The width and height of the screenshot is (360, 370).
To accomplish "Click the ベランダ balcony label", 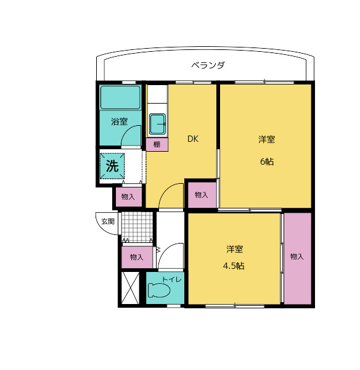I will pyautogui.click(x=207, y=65).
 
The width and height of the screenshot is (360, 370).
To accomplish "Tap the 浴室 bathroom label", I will pyautogui.click(x=120, y=121).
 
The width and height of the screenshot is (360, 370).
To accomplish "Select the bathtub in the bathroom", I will pyautogui.click(x=121, y=97).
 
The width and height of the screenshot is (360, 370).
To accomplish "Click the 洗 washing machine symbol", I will pyautogui.click(x=112, y=165).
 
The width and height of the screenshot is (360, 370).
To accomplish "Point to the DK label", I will pyautogui.click(x=193, y=139).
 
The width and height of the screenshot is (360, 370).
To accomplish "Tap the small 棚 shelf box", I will pyautogui.click(x=157, y=144).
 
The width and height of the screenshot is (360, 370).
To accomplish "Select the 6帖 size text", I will pyautogui.click(x=266, y=162).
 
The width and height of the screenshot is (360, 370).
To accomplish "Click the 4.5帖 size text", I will pyautogui.click(x=234, y=266).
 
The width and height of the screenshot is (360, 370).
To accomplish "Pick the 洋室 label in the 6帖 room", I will pyautogui.click(x=266, y=139).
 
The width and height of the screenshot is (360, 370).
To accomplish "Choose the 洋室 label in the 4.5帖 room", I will pyautogui.click(x=234, y=249).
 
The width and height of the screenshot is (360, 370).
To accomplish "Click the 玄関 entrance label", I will pyautogui.click(x=108, y=221).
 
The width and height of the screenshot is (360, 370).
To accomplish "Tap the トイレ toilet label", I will pyautogui.click(x=171, y=280).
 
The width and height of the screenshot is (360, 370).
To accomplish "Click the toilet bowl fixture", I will pyautogui.click(x=157, y=291).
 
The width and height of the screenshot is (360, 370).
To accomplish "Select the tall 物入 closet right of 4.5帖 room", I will pyautogui.click(x=297, y=257).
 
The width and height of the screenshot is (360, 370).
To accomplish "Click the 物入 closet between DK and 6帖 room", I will pyautogui.click(x=201, y=195).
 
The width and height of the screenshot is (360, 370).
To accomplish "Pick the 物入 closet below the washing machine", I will pyautogui.click(x=128, y=197).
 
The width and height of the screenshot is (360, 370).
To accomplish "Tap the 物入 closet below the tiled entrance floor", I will pyautogui.click(x=136, y=257).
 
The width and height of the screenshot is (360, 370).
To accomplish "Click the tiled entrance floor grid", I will pyautogui.click(x=136, y=226).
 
